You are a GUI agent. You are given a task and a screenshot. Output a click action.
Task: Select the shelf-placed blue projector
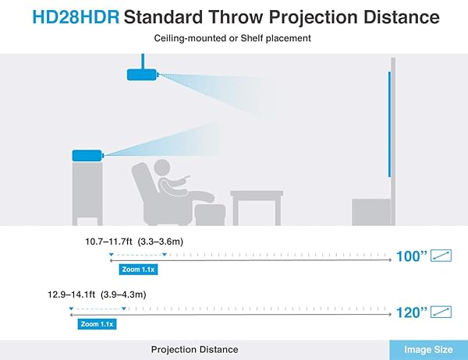tap(87, 155)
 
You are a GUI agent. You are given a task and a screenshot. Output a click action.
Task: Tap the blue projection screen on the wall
tap(389, 125)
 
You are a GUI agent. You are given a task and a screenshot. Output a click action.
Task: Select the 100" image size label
tap(412, 255)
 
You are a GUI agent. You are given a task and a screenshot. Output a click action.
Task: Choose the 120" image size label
tap(412, 312)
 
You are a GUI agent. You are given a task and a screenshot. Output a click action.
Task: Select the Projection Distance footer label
tap(194, 349)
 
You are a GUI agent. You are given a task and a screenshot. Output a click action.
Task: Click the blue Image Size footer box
tap(428, 349)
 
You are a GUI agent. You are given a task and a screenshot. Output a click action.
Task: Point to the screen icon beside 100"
tap(442, 255)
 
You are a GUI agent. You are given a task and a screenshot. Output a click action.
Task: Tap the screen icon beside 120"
tap(442, 312)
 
